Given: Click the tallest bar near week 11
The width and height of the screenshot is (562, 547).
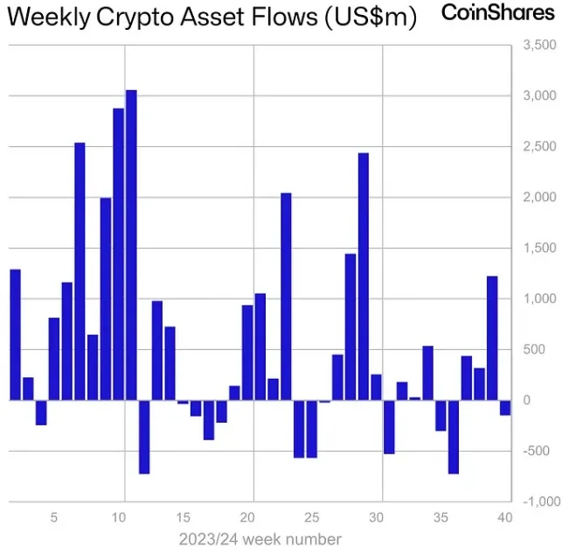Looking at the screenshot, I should (131, 245).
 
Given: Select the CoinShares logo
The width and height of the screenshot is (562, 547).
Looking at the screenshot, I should (497, 13).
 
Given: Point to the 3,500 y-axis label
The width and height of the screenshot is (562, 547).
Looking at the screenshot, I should (538, 45).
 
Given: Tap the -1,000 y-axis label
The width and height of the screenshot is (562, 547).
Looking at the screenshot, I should (538, 501).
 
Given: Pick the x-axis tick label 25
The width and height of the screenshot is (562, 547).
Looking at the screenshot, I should (313, 517).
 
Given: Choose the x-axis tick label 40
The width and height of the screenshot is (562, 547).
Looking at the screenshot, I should (505, 517).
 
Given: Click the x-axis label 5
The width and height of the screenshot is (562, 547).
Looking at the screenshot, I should (54, 517).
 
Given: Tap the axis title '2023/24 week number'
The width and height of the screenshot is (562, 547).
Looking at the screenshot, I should (260, 538).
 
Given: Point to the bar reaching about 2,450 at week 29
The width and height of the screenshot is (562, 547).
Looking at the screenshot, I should (364, 277).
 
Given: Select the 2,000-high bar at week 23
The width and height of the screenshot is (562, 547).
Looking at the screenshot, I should (286, 297).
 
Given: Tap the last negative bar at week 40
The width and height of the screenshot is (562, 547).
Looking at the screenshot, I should (505, 407).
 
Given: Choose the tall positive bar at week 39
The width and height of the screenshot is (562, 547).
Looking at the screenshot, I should (492, 338).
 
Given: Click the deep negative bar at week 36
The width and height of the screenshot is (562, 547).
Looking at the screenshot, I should (454, 437).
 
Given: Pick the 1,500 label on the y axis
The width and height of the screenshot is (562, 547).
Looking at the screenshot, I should (537, 248).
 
